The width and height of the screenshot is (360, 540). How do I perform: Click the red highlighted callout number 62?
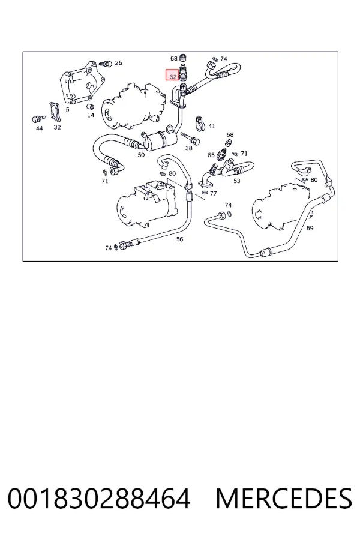pos(172,75)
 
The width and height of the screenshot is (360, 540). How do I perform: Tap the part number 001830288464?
pos(99,499)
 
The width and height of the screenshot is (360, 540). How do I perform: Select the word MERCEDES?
pos(284,499)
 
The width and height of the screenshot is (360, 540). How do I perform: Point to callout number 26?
pos(118,62)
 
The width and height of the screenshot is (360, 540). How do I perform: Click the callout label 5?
pos(68,110)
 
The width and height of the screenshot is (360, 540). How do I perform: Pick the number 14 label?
pos(91,115)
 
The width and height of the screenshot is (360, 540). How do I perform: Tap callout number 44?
pos(39,128)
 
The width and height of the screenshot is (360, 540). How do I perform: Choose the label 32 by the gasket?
pos(57,127)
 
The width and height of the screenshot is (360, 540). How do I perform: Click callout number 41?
pos(212,126)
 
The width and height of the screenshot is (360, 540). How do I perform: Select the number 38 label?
pos(189,148)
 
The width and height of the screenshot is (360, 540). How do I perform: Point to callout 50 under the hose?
pos(141,155)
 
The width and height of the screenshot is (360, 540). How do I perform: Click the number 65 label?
pos(211,155)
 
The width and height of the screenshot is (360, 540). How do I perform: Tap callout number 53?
pos(236,181)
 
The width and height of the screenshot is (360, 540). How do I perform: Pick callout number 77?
pos(213,193)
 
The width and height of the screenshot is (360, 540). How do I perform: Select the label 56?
pos(179,239)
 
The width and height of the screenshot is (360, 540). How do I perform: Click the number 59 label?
pos(310,228)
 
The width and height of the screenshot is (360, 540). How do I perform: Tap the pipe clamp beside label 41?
pos(200,123)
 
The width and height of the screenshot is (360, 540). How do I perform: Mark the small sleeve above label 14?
pos(91,106)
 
